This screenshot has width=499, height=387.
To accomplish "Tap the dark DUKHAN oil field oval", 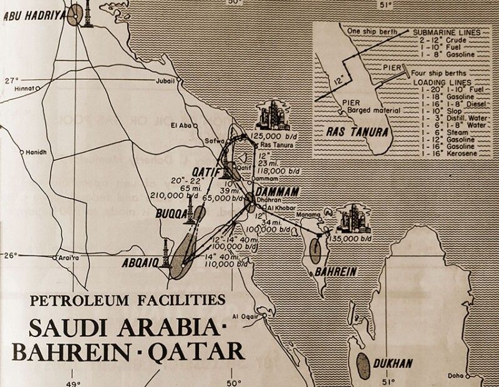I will click(362, 365).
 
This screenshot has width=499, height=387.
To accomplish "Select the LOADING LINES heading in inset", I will click(441, 82).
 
